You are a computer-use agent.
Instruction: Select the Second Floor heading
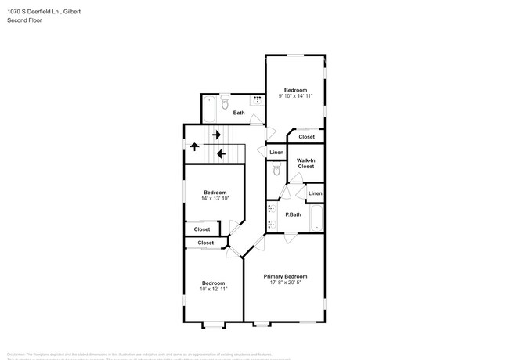26,22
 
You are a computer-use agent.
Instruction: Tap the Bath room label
238,113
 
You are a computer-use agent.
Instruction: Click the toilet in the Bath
225,102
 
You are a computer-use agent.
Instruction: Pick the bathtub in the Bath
209,109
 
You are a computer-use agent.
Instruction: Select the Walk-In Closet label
305,163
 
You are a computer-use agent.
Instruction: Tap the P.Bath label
293,214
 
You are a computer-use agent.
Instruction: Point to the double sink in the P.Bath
271,216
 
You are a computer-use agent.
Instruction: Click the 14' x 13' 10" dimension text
215,199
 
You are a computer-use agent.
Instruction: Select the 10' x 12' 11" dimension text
213,289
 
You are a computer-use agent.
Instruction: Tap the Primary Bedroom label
285,276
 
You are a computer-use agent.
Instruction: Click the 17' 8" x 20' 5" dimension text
285,283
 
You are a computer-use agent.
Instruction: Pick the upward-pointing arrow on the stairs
194,146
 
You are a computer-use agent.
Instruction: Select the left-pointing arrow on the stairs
221,154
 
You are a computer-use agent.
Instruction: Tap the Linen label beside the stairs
276,152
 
